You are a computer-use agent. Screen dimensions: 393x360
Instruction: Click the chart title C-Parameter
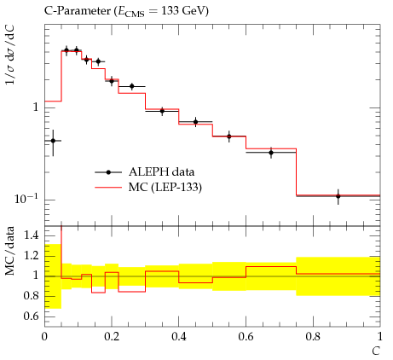77,11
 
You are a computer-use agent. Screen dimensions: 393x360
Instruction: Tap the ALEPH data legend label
161,172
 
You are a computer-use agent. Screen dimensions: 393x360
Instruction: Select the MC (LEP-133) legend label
165,188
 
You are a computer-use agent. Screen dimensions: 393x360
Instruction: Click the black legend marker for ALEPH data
108,172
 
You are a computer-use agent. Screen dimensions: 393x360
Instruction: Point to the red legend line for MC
108,188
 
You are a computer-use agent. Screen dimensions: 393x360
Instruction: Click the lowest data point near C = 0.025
53,141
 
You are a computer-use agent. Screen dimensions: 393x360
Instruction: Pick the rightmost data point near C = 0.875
338,196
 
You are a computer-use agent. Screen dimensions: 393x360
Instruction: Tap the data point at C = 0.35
162,111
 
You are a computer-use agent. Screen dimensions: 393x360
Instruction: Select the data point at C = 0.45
195,122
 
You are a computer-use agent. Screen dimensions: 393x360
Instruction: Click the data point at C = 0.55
229,136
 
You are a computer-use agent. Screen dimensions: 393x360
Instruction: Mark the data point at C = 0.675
271,153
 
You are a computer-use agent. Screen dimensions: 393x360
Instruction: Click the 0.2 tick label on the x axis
112,337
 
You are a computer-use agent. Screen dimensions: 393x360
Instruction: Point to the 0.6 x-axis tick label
246,337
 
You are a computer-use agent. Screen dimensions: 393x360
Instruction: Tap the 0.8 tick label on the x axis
313,337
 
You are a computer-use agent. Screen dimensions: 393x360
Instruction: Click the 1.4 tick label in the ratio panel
32,235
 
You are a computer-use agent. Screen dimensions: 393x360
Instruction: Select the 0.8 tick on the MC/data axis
32,296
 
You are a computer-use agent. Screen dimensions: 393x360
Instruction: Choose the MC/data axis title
10,251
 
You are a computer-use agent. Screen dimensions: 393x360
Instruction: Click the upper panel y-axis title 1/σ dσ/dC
10,55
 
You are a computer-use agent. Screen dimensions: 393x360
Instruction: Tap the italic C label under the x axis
376,351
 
